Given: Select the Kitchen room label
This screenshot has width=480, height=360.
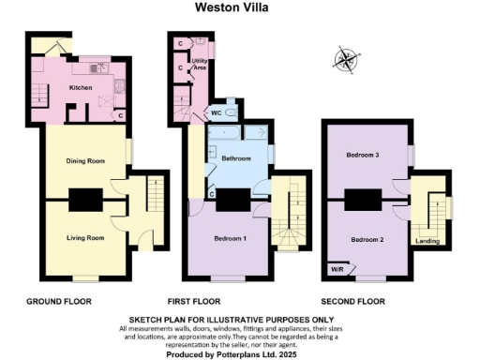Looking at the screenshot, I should tap(82, 87).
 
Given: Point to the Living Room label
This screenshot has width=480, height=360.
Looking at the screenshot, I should tap(84, 238).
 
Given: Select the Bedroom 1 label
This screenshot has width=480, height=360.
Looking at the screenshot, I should tap(230, 239).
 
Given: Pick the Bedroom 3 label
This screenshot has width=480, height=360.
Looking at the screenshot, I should tap(363, 154).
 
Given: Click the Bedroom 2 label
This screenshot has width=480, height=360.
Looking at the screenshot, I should tap(368, 240).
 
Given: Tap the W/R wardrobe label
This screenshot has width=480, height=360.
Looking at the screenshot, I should tap(336, 270).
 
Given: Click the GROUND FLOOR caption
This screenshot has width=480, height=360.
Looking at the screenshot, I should tap(55, 302).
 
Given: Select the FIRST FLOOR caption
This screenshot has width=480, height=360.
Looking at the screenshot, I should tap(193, 302).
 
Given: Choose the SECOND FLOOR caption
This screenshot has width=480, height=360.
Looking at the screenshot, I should tap(352, 302).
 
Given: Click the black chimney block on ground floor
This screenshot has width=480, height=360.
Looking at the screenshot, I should tap(86, 200).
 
